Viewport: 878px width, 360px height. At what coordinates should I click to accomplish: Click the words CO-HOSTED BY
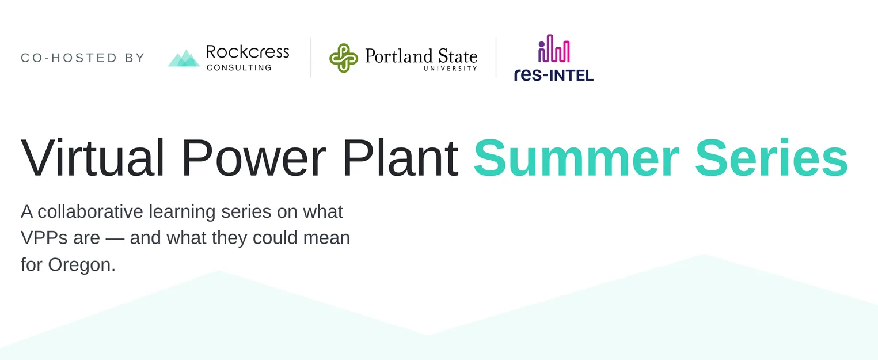point(83,58)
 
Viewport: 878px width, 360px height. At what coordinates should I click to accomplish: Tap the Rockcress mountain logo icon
point(184,58)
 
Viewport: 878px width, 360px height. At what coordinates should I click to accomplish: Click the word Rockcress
point(248,52)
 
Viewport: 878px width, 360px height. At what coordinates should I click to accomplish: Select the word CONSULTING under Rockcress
point(239,67)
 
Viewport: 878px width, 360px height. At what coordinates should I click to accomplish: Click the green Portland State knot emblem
point(343,58)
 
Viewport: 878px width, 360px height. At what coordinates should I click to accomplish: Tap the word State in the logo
point(458,56)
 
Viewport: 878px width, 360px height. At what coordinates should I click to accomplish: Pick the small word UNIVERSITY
point(450,68)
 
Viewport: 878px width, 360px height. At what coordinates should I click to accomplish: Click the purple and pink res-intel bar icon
point(554,48)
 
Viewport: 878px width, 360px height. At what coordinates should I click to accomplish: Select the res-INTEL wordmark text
point(554,75)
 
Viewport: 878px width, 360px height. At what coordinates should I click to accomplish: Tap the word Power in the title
point(253,158)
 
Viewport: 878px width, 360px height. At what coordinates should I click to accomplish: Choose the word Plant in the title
point(400,158)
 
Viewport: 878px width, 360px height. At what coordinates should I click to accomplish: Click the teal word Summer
point(576,158)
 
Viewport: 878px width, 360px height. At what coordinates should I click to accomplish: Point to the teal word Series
point(771,158)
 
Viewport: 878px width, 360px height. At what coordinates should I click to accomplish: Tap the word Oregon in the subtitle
point(82,266)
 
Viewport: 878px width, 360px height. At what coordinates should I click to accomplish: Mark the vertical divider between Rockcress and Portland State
point(311,58)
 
